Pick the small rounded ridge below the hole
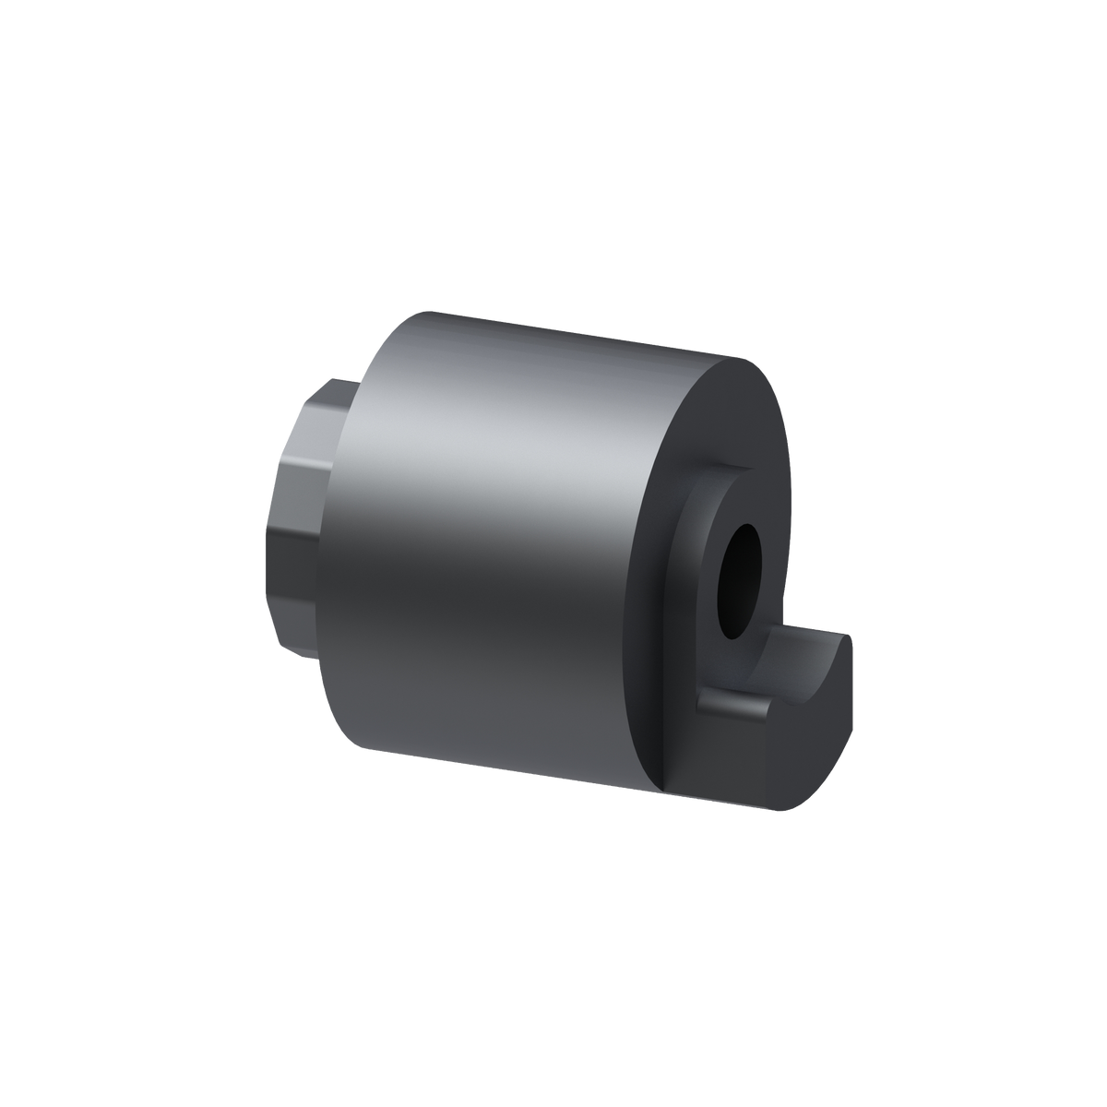coord(733,707)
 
